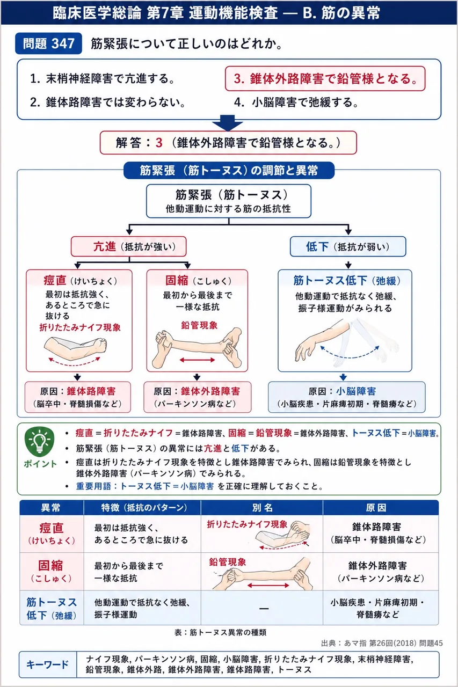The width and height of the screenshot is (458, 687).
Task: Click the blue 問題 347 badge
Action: point(48,43)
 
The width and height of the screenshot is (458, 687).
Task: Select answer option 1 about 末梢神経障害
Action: point(103,78)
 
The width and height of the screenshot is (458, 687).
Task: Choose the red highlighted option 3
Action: point(325,78)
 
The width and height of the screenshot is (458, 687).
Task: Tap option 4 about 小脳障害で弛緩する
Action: point(296,102)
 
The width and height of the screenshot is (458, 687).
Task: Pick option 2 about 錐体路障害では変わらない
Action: point(108,102)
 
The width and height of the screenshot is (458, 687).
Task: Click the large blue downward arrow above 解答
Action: point(228,123)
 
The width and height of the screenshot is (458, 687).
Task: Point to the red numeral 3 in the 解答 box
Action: point(159,143)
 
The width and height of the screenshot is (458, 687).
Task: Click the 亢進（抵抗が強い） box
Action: point(128,246)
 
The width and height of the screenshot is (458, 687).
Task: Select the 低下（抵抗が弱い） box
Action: point(348,246)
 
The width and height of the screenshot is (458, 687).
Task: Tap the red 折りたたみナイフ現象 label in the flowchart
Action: point(80,327)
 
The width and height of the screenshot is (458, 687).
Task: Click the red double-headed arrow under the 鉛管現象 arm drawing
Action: point(197,360)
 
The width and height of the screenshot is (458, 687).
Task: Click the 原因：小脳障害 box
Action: point(347,397)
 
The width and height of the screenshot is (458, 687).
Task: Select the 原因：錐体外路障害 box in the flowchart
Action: point(197,397)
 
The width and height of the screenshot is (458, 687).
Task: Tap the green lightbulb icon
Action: point(40,441)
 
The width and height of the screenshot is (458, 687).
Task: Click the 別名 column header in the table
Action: point(262,508)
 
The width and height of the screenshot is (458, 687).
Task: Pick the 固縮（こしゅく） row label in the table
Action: point(51,571)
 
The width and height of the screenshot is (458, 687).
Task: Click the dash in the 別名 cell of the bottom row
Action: point(264,608)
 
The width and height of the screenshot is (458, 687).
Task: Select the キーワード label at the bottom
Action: point(48,664)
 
